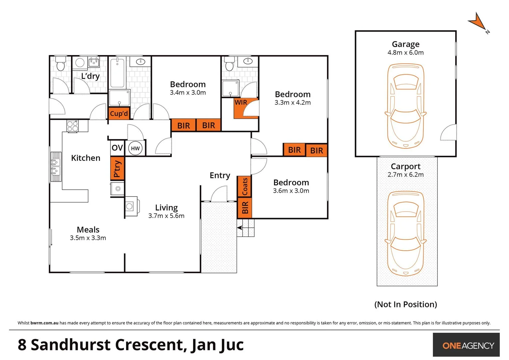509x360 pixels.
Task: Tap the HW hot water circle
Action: coord(135,148)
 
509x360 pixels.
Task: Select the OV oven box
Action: coord(117,148)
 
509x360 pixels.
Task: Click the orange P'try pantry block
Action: coord(117,168)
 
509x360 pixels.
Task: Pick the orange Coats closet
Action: coord(244,186)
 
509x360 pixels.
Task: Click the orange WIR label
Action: coord(240,102)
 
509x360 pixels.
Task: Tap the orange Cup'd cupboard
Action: coord(119,113)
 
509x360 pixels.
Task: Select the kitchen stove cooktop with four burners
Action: coord(72,126)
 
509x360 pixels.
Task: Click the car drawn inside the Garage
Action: coord(405,106)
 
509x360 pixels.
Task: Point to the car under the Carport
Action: coord(405,233)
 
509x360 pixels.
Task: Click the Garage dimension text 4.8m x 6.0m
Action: coord(405,53)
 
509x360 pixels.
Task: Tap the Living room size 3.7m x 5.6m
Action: coord(166,216)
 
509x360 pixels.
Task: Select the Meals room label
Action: coord(88,230)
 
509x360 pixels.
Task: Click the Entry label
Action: coord(220,175)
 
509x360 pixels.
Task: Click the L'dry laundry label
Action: coord(90,76)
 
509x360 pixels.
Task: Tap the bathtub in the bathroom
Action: coord(117,73)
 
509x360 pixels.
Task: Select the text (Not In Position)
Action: coord(405,304)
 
